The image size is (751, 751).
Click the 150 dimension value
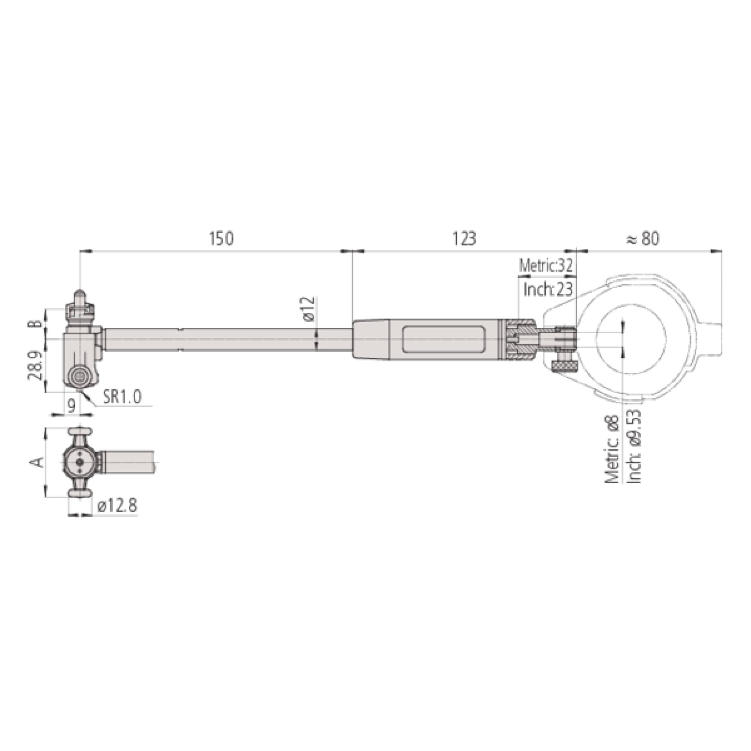pyautogui.click(x=221, y=239)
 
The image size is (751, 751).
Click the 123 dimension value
pyautogui.click(x=464, y=239)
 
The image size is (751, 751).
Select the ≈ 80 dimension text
pyautogui.click(x=643, y=239)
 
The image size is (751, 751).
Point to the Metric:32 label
pyautogui.click(x=546, y=266)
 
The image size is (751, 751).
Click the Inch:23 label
pyautogui.click(x=548, y=290)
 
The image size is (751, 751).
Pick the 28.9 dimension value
pyautogui.click(x=35, y=366)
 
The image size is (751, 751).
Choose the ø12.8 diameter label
pyautogui.click(x=117, y=506)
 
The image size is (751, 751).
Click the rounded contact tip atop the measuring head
pyautogui.click(x=79, y=293)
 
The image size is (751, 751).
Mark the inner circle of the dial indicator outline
pyautogui.click(x=631, y=339)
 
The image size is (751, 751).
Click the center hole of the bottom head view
pyautogui.click(x=80, y=462)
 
